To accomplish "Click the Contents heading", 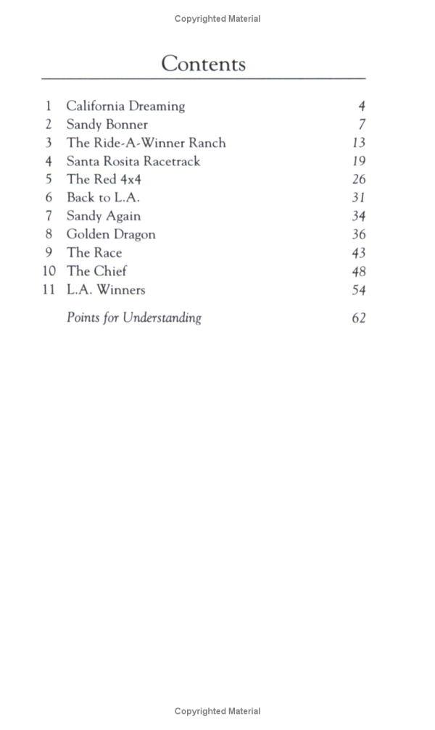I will coord(203,64).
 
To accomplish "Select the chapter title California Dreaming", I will coord(125,107).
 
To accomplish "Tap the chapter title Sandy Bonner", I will coord(107,125).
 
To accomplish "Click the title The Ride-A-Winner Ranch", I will coord(146,143).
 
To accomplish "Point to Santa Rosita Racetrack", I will coord(133,161).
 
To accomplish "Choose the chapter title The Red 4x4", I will coord(104,179).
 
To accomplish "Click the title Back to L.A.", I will coord(103,197).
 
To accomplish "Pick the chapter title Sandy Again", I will coord(104,216).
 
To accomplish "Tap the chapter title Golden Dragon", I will coord(111,234).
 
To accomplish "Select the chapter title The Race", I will coord(94,252).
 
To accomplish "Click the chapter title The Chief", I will coord(96,271).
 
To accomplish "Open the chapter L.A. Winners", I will coord(106,290).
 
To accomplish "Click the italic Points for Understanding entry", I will coord(134,318).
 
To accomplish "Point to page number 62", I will coord(358,318).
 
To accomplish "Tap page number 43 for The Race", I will coord(358,253).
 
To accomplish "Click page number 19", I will coord(358,162).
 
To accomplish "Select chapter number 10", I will coord(49,271).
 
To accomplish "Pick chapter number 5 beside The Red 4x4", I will coord(49,179).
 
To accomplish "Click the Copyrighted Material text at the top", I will coord(217,19).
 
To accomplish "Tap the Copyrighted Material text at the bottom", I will coord(217,711).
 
